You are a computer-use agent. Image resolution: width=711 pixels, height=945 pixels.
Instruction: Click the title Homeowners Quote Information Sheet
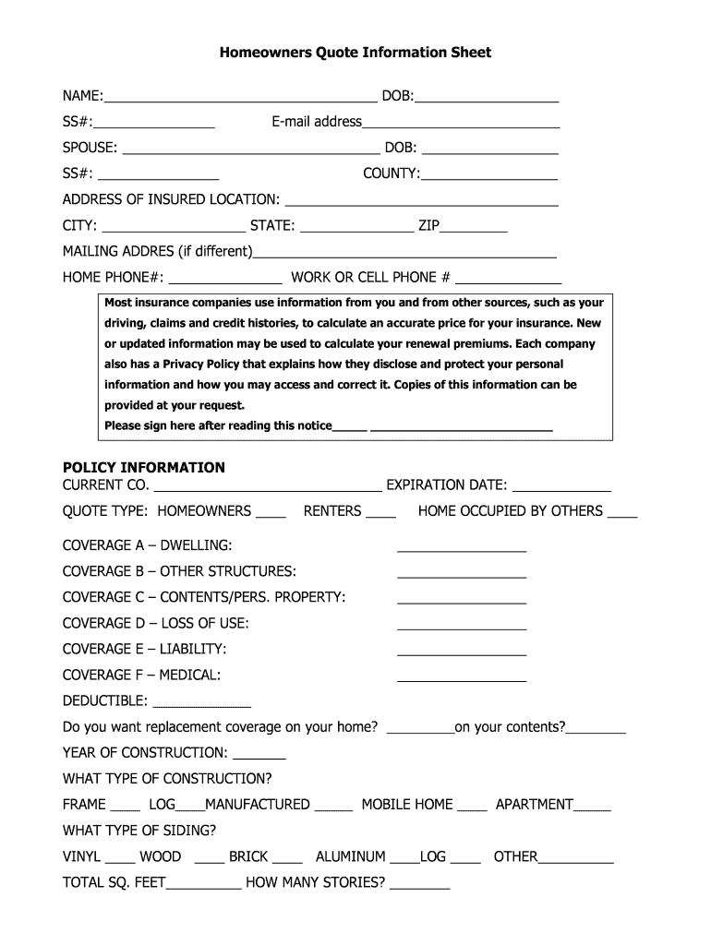pyautogui.click(x=355, y=53)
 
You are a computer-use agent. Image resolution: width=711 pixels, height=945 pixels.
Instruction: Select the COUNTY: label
pyautogui.click(x=391, y=173)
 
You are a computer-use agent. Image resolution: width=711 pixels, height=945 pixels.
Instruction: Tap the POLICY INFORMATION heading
pyautogui.click(x=143, y=467)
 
